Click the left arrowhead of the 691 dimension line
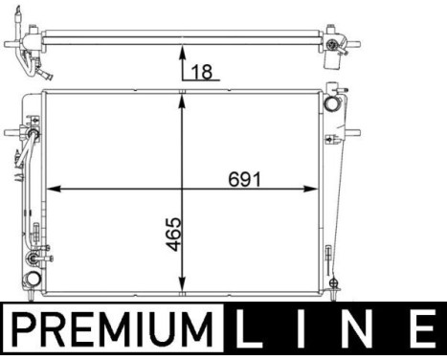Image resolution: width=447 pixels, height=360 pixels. point(54,188)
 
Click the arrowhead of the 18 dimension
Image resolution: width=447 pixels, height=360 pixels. point(182,54)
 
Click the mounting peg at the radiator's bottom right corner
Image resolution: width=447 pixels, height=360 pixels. point(332,281)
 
